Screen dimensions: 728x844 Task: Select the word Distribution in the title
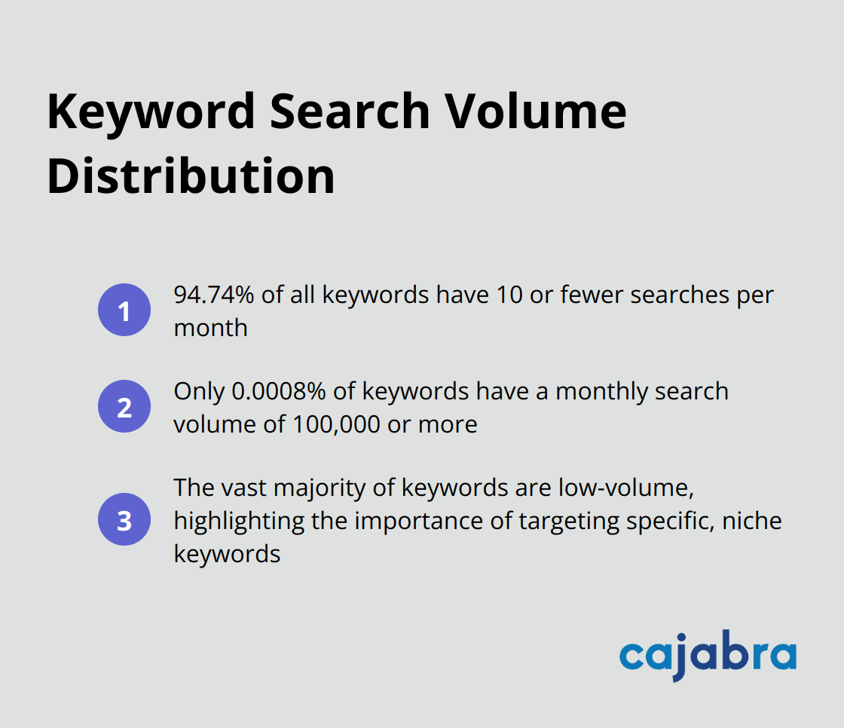[x=191, y=177]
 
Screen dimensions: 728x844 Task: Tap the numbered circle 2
[x=124, y=407]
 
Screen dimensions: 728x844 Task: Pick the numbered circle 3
[x=124, y=520]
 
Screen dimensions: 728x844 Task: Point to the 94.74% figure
[x=214, y=295]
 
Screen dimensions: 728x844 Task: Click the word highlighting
[x=238, y=521]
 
